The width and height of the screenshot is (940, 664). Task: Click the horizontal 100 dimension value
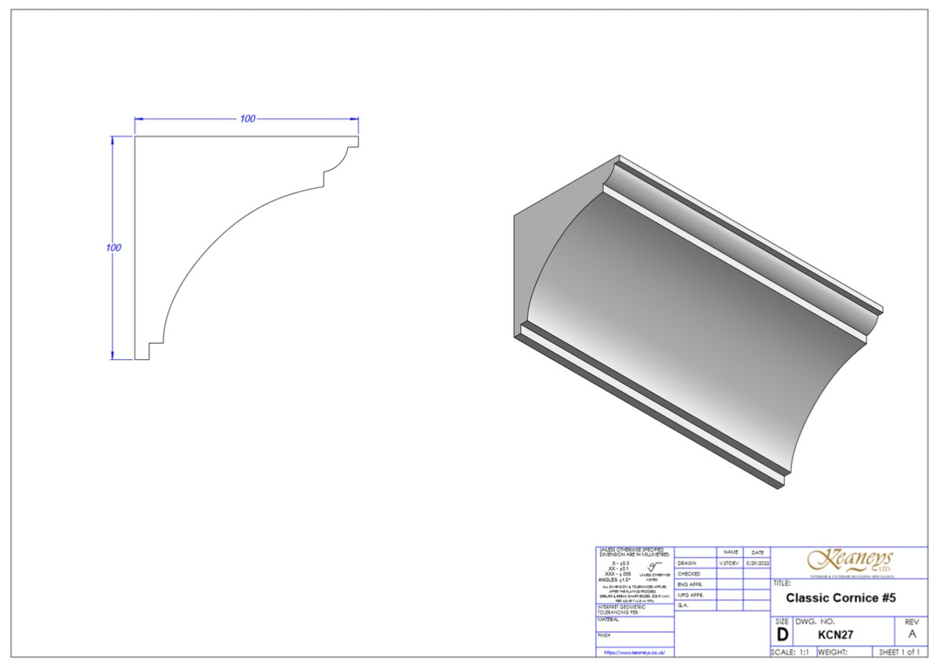coord(248,119)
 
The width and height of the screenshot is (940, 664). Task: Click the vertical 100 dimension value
coord(113,247)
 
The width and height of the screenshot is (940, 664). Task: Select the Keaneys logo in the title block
coord(850,561)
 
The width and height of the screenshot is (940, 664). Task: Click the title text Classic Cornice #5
coord(841,598)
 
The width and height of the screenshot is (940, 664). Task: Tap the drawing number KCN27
coord(835,634)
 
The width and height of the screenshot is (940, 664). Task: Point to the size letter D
coord(782,634)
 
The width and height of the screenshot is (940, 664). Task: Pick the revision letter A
coord(911,634)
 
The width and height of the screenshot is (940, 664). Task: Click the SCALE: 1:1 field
coord(793,651)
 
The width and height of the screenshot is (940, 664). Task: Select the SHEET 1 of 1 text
coord(899,651)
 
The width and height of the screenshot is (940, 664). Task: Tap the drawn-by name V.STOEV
coord(728,563)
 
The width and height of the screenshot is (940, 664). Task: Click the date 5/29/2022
coord(757,563)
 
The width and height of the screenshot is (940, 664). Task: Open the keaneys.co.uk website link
coord(634,651)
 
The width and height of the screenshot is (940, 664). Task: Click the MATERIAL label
coord(609,619)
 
